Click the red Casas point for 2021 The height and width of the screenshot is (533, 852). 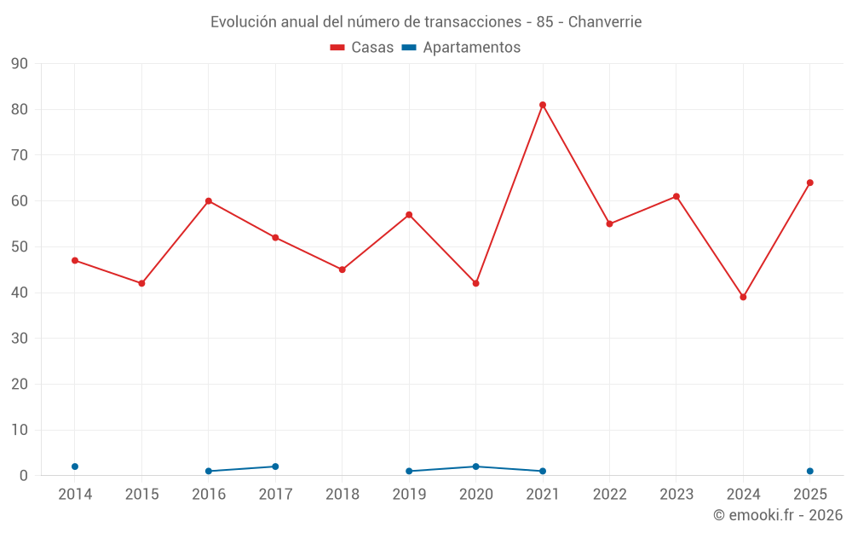click(x=542, y=105)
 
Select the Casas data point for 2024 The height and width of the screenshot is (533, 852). click(x=743, y=297)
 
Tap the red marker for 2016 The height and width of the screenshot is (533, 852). click(x=209, y=201)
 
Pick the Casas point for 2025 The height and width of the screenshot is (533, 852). click(x=809, y=182)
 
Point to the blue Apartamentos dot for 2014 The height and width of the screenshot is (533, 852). click(x=75, y=466)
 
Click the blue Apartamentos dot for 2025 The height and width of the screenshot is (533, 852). click(x=809, y=471)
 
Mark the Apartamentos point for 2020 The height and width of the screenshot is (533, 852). click(x=476, y=466)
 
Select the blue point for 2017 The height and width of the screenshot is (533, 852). click(x=275, y=466)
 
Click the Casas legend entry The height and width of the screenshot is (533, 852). click(x=362, y=47)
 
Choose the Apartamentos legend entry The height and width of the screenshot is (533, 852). click(x=461, y=47)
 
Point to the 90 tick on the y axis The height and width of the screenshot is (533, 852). click(x=19, y=64)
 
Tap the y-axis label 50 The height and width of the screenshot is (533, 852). click(x=19, y=247)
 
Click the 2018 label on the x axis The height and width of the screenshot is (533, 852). click(x=343, y=495)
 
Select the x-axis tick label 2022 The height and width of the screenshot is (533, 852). click(x=610, y=495)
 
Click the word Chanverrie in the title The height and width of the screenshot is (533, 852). click(x=605, y=22)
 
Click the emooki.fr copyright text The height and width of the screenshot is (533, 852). click(x=778, y=515)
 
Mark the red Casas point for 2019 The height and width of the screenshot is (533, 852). click(x=409, y=215)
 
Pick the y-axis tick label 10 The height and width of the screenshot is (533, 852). click(x=19, y=430)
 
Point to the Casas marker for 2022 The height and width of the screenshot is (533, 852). click(x=610, y=224)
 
